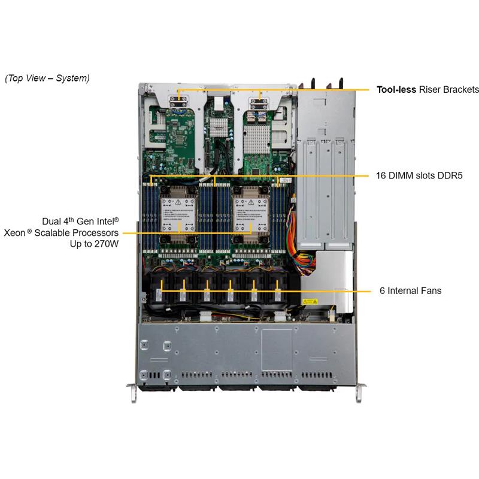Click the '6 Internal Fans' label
click(410, 291)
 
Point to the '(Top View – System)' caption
click(47, 78)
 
